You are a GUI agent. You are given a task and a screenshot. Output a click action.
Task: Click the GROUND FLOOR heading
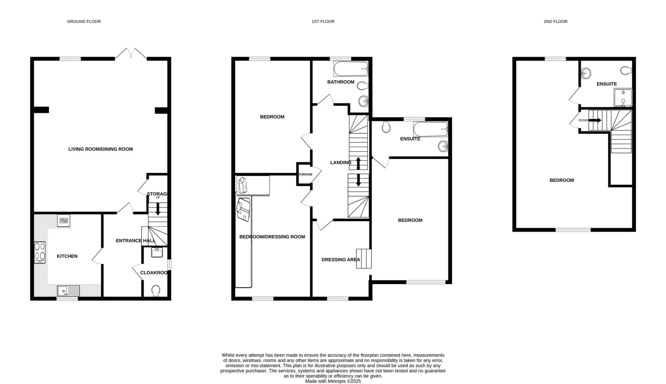(84, 22)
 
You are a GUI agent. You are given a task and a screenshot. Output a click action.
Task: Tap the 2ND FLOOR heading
(555, 22)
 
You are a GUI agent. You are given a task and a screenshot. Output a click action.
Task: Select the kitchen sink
(68, 291)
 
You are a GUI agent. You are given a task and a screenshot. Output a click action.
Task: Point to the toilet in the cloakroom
(156, 291)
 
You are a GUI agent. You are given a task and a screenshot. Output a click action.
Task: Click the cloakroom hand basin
(157, 252)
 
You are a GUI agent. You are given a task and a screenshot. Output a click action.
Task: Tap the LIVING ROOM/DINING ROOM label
(100, 149)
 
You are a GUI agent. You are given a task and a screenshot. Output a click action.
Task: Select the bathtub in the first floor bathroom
(351, 69)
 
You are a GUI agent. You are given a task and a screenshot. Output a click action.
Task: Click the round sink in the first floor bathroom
(363, 101)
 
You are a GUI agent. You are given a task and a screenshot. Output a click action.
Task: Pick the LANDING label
(340, 162)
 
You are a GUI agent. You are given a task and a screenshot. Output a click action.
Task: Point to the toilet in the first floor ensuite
(386, 127)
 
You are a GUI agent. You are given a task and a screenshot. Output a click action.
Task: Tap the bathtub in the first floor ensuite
(430, 129)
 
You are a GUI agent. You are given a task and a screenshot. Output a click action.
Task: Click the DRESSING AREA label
(340, 260)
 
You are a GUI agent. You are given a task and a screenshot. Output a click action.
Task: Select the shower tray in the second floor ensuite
(623, 97)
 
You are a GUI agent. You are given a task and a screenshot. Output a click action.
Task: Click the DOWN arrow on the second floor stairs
(595, 120)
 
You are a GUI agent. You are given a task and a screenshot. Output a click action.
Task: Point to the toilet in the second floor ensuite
(626, 71)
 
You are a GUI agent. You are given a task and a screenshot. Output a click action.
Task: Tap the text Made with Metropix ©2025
(333, 381)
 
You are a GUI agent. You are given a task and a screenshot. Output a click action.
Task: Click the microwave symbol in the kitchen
(64, 220)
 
